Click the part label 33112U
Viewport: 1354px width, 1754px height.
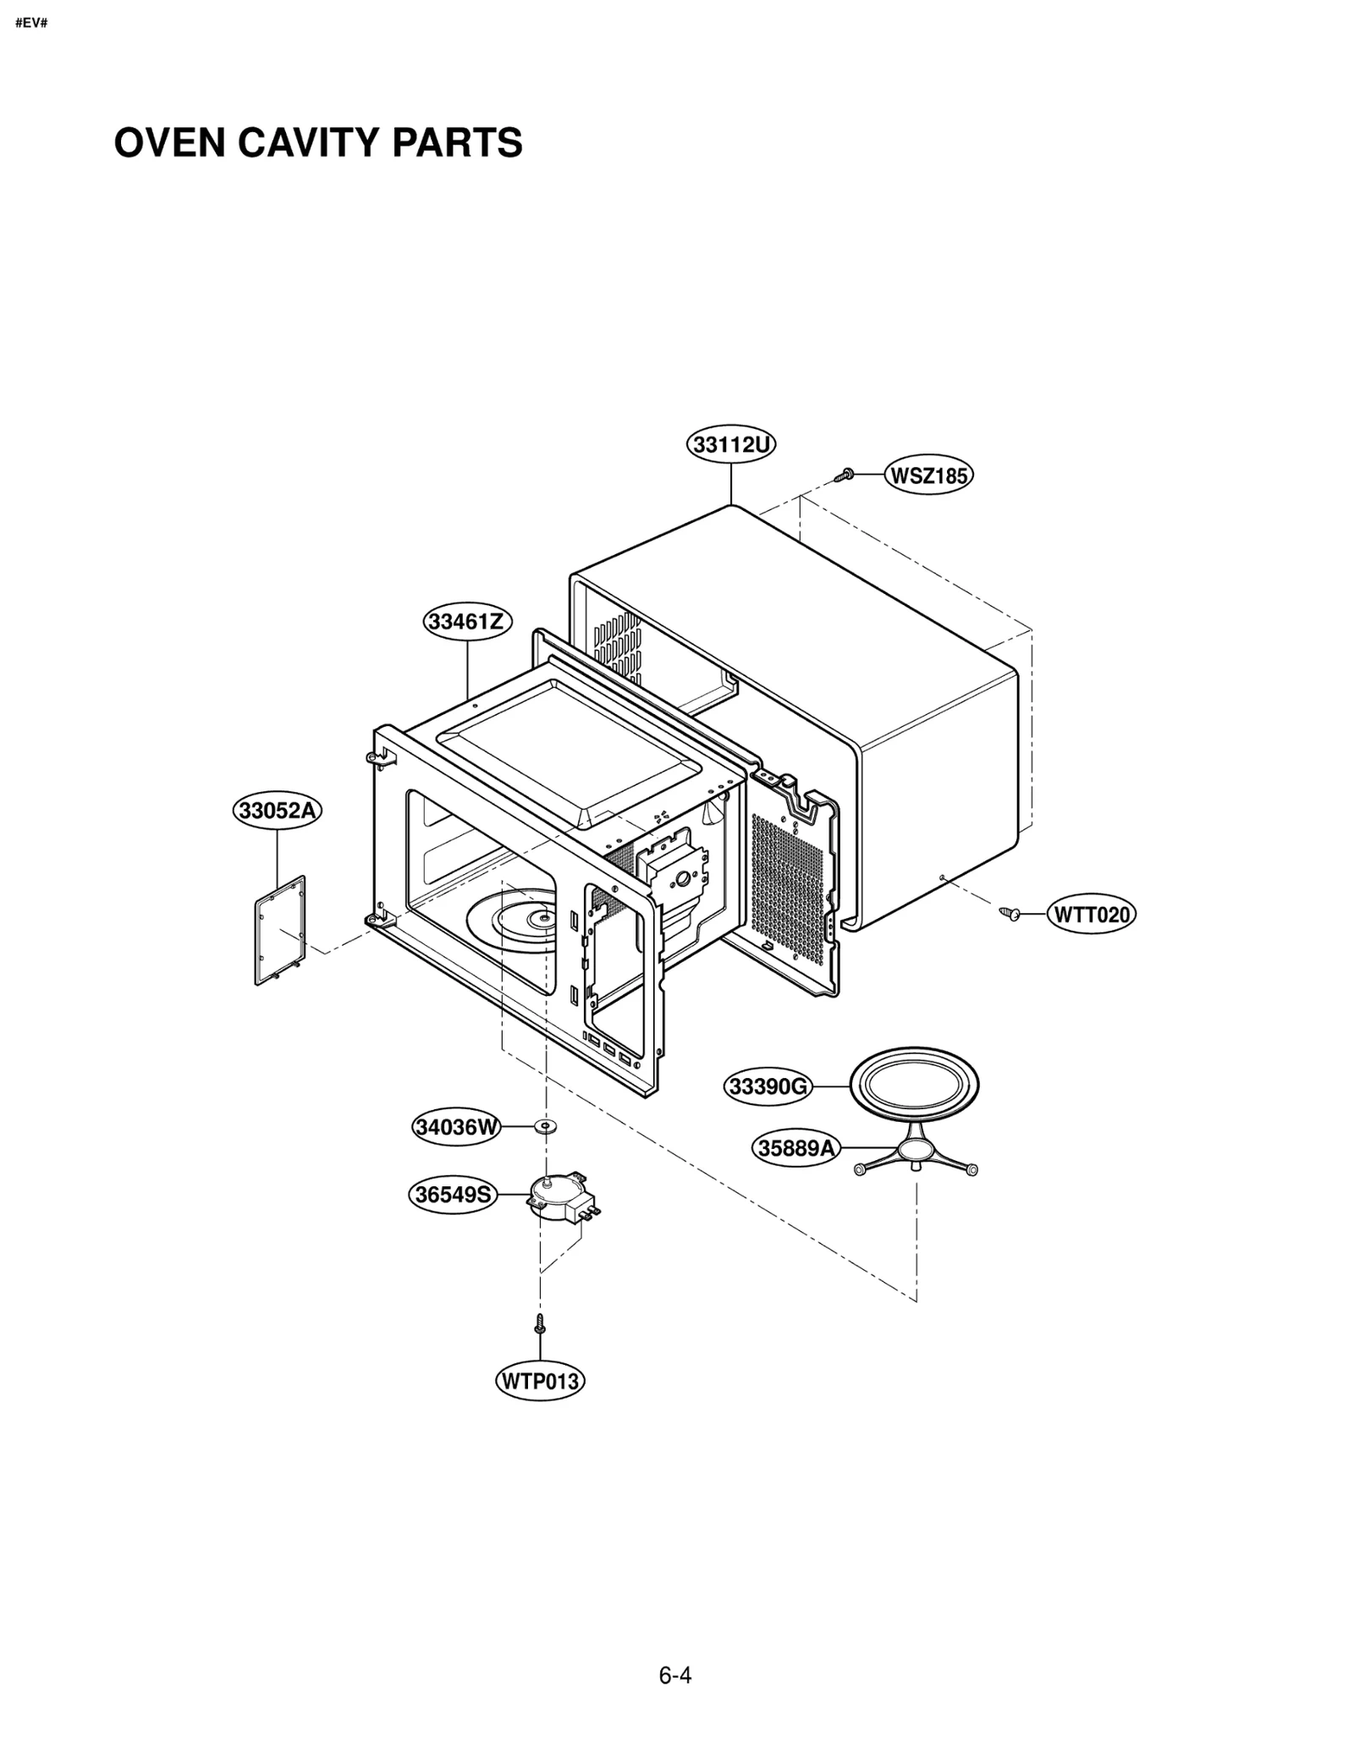click(730, 445)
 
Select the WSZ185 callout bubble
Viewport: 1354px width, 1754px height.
click(928, 476)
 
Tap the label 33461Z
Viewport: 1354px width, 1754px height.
click(466, 622)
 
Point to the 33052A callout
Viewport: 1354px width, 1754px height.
click(277, 811)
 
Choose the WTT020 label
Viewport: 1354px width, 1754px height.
click(1092, 915)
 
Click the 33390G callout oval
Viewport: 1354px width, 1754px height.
click(768, 1086)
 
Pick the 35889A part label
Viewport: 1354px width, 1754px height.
click(795, 1149)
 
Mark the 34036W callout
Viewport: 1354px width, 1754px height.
click(457, 1127)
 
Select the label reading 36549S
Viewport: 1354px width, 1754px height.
click(453, 1195)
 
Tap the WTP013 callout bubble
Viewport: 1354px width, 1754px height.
click(539, 1382)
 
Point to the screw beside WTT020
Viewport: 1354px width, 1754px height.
click(1010, 913)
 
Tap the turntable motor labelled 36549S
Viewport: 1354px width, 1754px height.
click(560, 1195)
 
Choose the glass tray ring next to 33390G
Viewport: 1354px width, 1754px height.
click(914, 1086)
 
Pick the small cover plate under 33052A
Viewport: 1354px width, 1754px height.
click(280, 931)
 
